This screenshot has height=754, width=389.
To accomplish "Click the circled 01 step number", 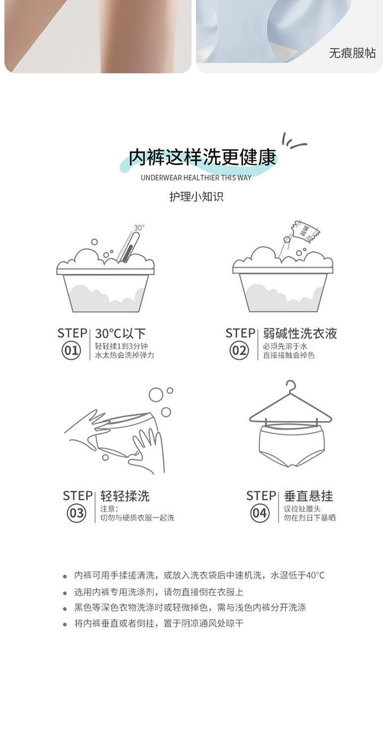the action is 71,350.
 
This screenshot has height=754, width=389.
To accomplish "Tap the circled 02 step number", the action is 239,350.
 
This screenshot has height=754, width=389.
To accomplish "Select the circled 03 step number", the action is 76,513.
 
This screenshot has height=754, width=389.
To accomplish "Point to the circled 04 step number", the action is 259,513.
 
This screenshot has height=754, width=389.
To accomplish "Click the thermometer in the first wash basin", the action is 128,248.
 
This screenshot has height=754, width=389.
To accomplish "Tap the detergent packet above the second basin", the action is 306,231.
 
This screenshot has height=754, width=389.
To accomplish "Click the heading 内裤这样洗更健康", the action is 202,157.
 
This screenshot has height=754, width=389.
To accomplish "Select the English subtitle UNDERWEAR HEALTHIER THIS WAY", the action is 196,178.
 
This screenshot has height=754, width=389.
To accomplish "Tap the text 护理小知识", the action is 196,197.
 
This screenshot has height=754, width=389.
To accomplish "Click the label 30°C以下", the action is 120,333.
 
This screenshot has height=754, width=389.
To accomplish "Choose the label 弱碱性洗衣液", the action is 300,333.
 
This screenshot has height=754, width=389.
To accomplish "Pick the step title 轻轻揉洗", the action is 125,496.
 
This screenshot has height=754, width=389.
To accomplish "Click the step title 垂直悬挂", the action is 308,496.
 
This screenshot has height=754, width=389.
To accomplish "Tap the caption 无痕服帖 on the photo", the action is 352,53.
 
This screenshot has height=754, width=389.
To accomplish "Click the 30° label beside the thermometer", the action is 139,228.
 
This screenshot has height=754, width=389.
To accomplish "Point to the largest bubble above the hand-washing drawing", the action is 156,394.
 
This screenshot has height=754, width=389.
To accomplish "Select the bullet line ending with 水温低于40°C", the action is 199,575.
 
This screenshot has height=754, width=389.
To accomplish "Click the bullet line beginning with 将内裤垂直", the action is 159,623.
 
